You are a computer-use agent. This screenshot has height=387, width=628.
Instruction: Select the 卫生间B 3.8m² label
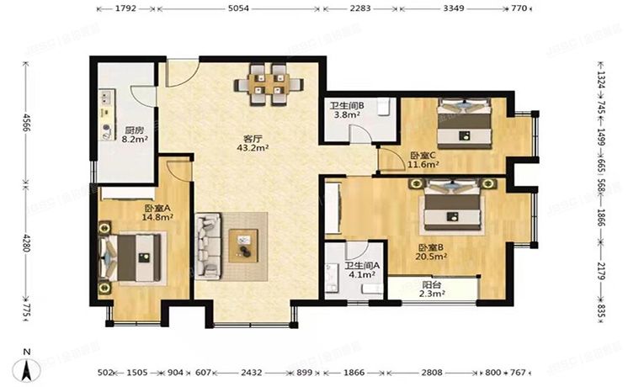[x=346, y=110]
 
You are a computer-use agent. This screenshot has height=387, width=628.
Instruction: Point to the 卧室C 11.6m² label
[x=424, y=160]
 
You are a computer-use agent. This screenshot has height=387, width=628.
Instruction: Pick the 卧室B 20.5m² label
[x=431, y=252]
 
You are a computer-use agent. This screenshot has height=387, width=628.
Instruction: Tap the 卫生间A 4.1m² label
[x=363, y=268]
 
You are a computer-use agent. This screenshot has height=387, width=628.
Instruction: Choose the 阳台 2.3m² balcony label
[x=433, y=289]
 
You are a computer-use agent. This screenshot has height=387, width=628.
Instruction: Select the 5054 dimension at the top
[x=238, y=9]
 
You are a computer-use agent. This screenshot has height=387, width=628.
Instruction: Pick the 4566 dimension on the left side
[x=26, y=123]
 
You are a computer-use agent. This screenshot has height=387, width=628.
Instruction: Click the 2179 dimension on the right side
[x=601, y=273]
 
